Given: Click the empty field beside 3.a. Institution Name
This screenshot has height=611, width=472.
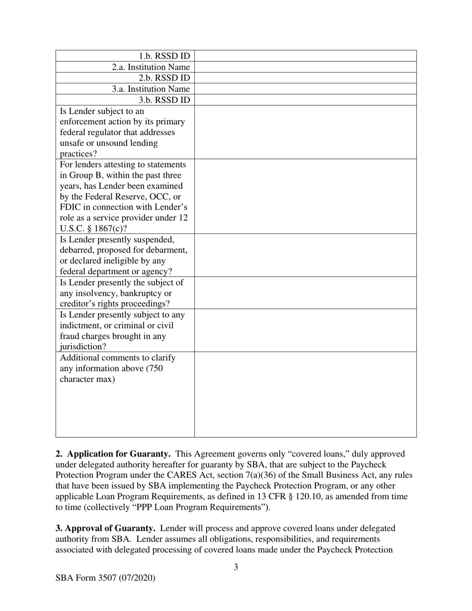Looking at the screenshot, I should [x=305, y=89].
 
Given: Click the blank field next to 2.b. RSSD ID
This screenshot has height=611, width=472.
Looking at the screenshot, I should [x=305, y=78].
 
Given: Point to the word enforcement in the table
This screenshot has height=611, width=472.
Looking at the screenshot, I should [x=82, y=122].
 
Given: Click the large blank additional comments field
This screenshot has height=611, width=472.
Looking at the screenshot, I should [x=305, y=394].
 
